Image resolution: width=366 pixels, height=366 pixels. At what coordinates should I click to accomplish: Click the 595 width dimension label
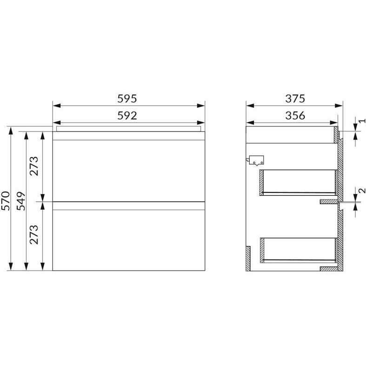click(127, 99)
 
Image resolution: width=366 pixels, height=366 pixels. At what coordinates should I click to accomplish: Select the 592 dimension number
click(127, 116)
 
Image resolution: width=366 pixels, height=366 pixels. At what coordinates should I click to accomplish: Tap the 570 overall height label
click(6, 201)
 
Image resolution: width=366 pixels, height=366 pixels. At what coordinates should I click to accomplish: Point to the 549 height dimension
click(21, 201)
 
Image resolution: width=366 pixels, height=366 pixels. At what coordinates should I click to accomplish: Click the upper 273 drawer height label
click(34, 166)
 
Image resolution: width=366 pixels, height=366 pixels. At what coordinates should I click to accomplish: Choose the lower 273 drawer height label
click(34, 235)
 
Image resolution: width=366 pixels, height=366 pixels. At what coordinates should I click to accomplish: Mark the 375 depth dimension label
click(295, 99)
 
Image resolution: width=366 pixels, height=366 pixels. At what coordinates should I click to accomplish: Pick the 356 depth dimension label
click(295, 116)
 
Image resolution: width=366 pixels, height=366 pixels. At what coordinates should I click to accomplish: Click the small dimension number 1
click(362, 121)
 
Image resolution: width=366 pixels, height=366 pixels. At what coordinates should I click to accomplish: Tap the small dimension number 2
click(362, 191)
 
